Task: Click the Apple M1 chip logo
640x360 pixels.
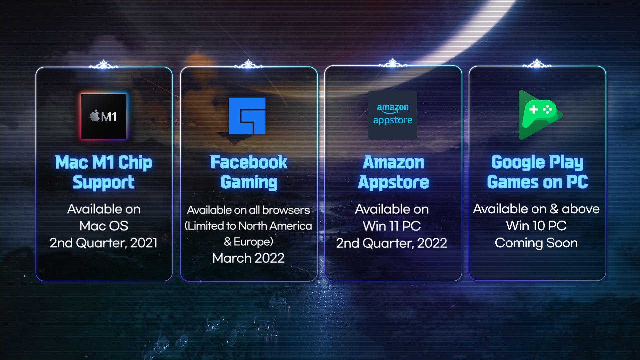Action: tap(104, 116)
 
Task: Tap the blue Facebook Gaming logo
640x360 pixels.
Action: tap(247, 116)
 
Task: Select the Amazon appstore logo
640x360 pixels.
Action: tap(392, 115)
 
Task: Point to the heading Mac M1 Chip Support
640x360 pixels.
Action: tap(104, 172)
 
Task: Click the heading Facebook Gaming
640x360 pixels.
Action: tap(249, 172)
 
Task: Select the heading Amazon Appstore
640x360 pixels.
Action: tap(393, 172)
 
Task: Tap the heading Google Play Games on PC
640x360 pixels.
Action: tap(537, 172)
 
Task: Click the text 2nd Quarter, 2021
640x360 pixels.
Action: tap(104, 243)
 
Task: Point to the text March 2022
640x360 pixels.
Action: tap(248, 258)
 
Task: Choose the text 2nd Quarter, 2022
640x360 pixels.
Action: tap(392, 243)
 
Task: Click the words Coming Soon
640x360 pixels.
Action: tap(536, 243)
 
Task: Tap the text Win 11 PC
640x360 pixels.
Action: tap(392, 226)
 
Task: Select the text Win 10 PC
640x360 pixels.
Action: tap(536, 226)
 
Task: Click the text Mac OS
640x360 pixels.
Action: tap(104, 226)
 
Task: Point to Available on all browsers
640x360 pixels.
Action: tap(248, 210)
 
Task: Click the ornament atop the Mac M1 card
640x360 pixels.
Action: tap(104, 64)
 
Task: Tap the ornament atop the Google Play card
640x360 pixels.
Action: tap(537, 63)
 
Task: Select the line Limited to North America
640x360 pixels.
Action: tap(248, 226)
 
